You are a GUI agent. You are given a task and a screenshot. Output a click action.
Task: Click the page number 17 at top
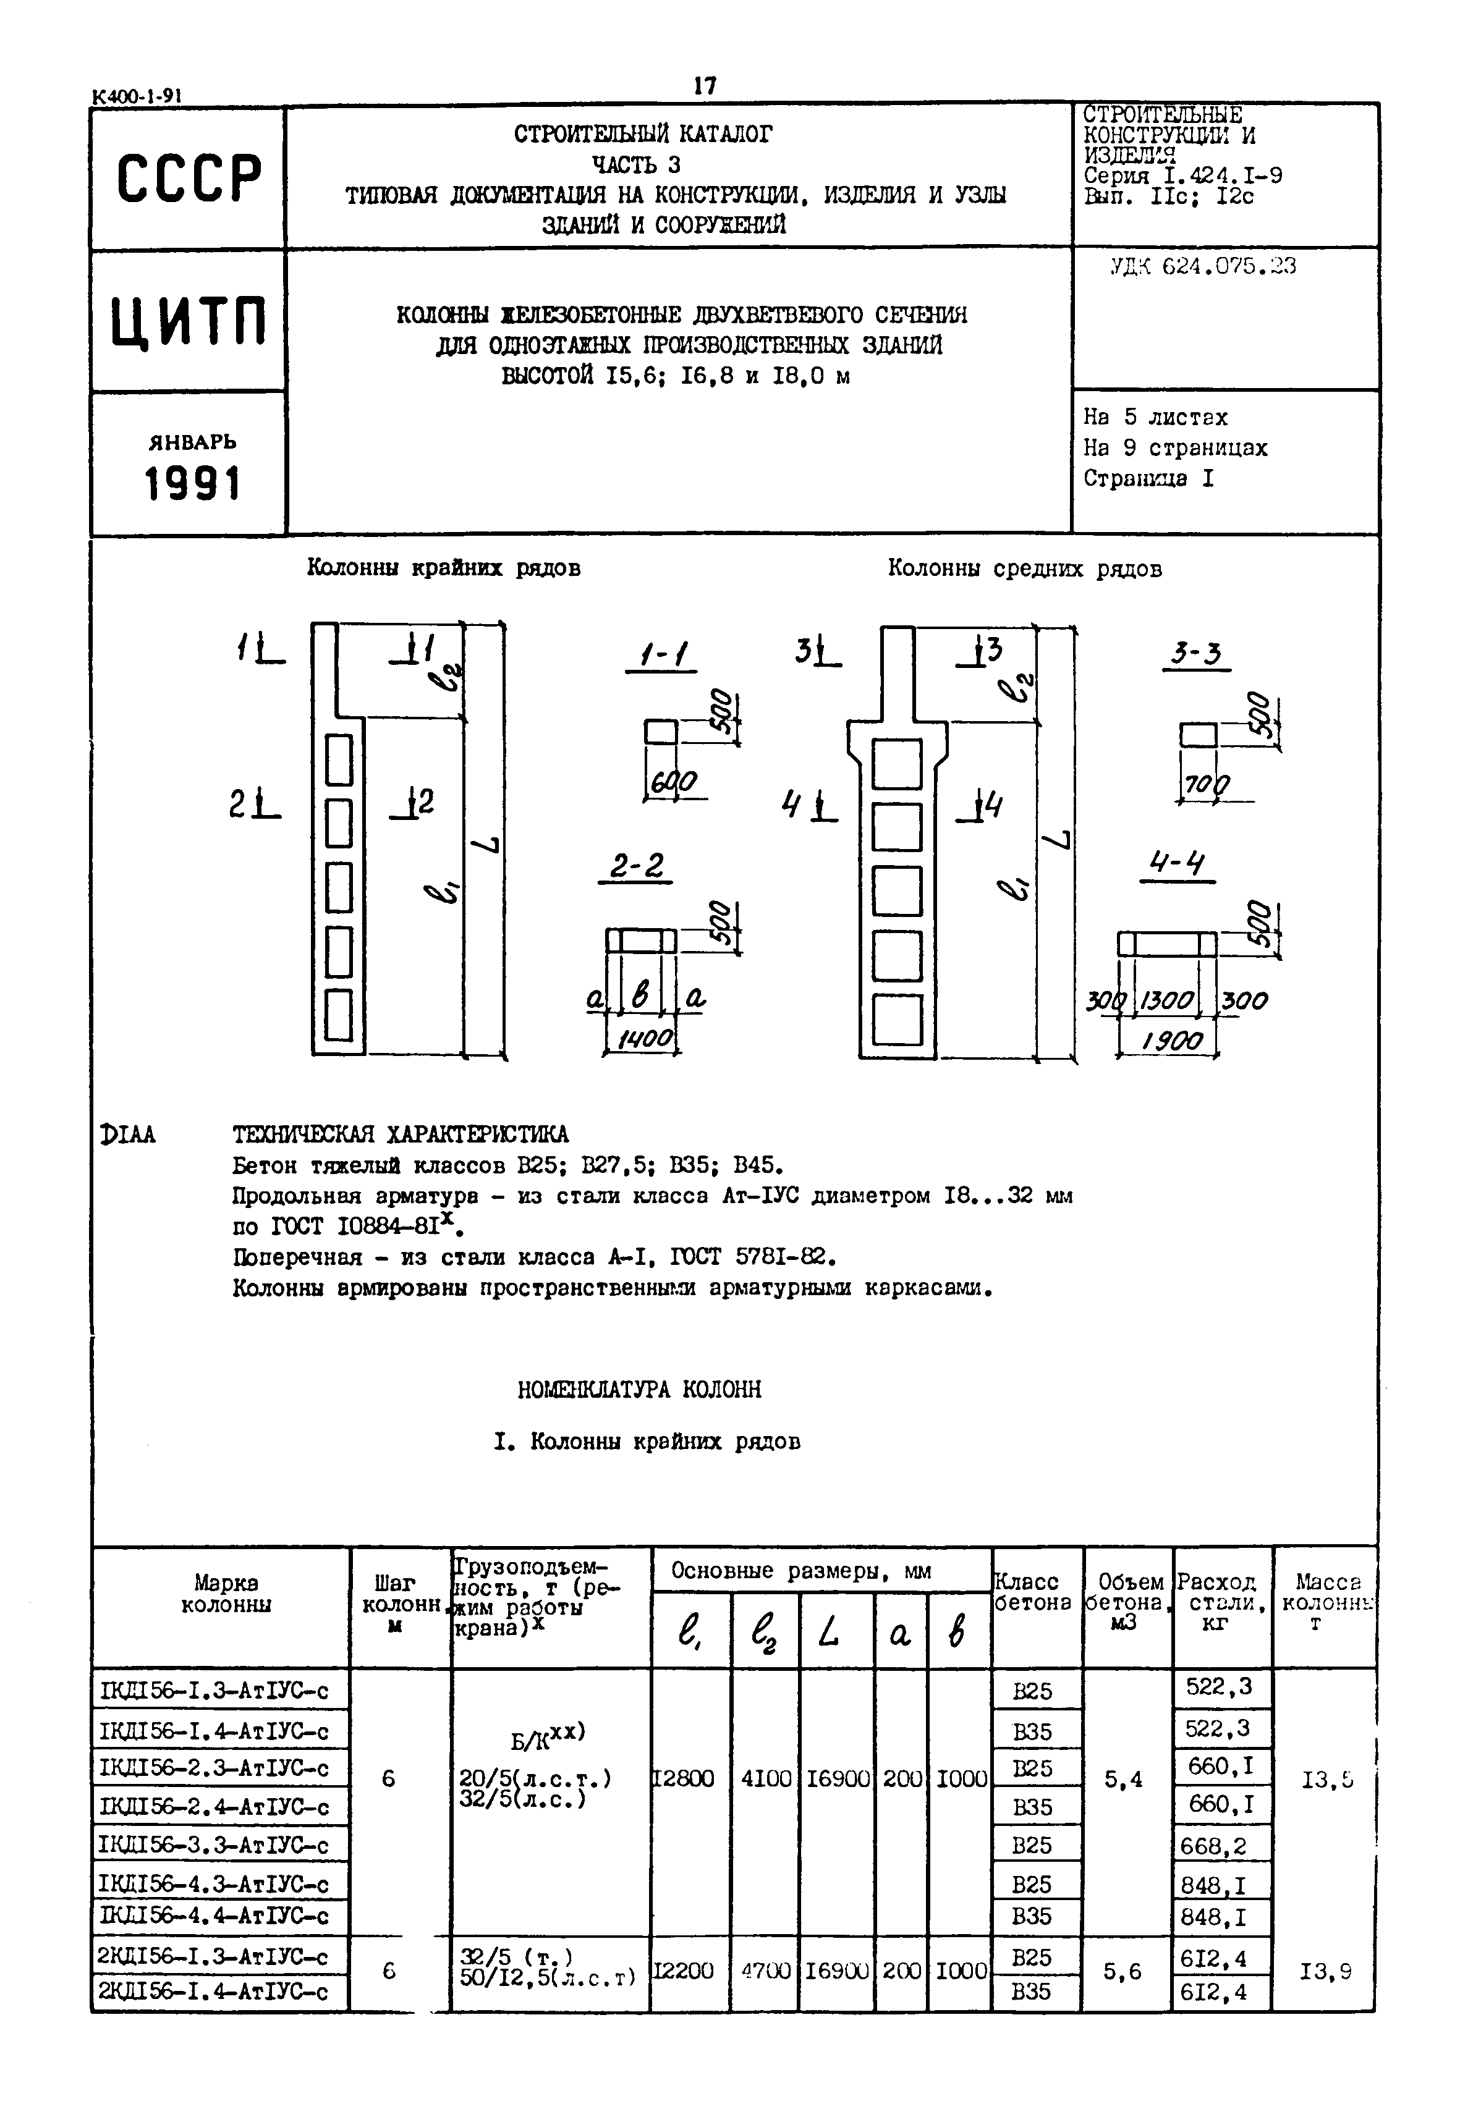coord(705,86)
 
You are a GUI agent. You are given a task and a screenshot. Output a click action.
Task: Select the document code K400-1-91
coord(137,96)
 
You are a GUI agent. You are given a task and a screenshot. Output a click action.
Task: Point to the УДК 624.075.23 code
coord(1202,267)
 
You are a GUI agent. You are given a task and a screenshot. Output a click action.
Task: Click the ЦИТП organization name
coord(189,322)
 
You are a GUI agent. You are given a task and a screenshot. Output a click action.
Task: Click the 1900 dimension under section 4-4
coord(1172,1041)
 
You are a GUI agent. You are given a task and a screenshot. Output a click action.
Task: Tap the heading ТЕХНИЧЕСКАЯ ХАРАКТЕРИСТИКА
coord(400,1135)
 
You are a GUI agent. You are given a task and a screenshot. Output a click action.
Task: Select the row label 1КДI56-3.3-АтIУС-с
coord(214,1844)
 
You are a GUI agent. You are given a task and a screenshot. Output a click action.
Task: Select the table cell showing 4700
coord(764,1970)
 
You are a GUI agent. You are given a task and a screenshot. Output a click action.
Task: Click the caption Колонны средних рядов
coord(1025,569)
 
